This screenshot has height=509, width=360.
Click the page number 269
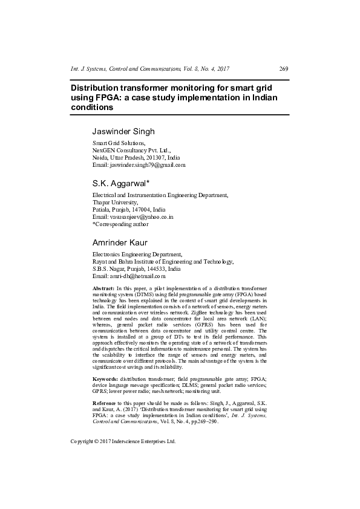point(284,69)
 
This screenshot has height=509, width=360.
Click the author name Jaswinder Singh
point(123,131)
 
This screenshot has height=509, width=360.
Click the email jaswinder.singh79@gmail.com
point(139,164)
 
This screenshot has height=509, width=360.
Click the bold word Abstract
point(103,290)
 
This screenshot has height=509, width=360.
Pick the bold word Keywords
point(105,378)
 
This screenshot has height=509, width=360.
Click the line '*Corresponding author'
point(120,224)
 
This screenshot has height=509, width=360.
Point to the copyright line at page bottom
point(123,441)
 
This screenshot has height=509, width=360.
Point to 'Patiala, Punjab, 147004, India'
point(128,209)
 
